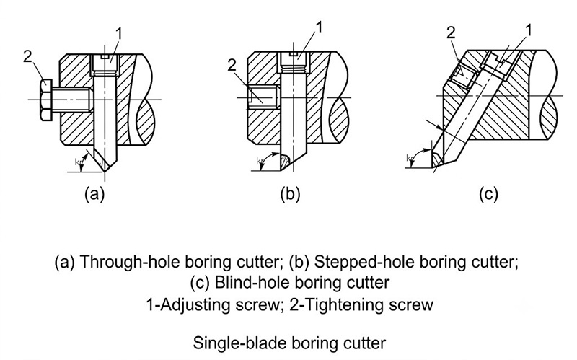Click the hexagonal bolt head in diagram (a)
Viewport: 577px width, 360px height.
pos(47,100)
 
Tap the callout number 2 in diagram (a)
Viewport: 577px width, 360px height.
pos(27,56)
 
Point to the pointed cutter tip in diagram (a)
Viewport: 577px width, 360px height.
pos(105,171)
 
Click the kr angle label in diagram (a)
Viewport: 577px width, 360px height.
pos(79,161)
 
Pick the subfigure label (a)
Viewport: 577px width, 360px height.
pos(94,193)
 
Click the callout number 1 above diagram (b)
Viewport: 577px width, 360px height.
pos(319,27)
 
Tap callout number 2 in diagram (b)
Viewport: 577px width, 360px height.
pos(232,66)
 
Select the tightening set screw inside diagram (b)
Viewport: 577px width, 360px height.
pos(263,97)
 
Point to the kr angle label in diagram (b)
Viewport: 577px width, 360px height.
pos(260,161)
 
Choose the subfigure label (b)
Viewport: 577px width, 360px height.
pos(290,193)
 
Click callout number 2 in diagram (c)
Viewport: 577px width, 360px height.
pos(451,33)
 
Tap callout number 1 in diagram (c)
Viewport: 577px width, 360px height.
pos(529,30)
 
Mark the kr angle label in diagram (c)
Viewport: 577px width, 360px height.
pos(410,158)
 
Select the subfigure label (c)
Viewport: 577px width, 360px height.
pos(488,193)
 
